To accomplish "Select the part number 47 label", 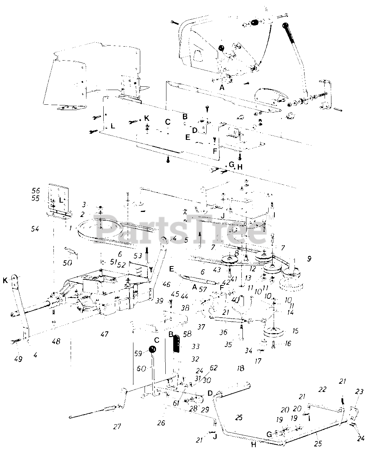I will click(x=104, y=334).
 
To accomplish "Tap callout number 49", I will click(x=18, y=359).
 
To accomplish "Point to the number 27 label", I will click(x=117, y=427).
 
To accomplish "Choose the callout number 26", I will click(x=161, y=423).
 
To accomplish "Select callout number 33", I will click(x=195, y=347).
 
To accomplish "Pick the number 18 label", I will click(x=240, y=368).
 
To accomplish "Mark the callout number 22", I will click(x=322, y=389).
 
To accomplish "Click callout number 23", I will click(x=359, y=392).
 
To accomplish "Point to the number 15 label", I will click(x=295, y=331).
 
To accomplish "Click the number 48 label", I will click(x=56, y=341).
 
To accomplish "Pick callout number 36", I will click(x=223, y=332).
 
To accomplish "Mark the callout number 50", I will click(x=67, y=262).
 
